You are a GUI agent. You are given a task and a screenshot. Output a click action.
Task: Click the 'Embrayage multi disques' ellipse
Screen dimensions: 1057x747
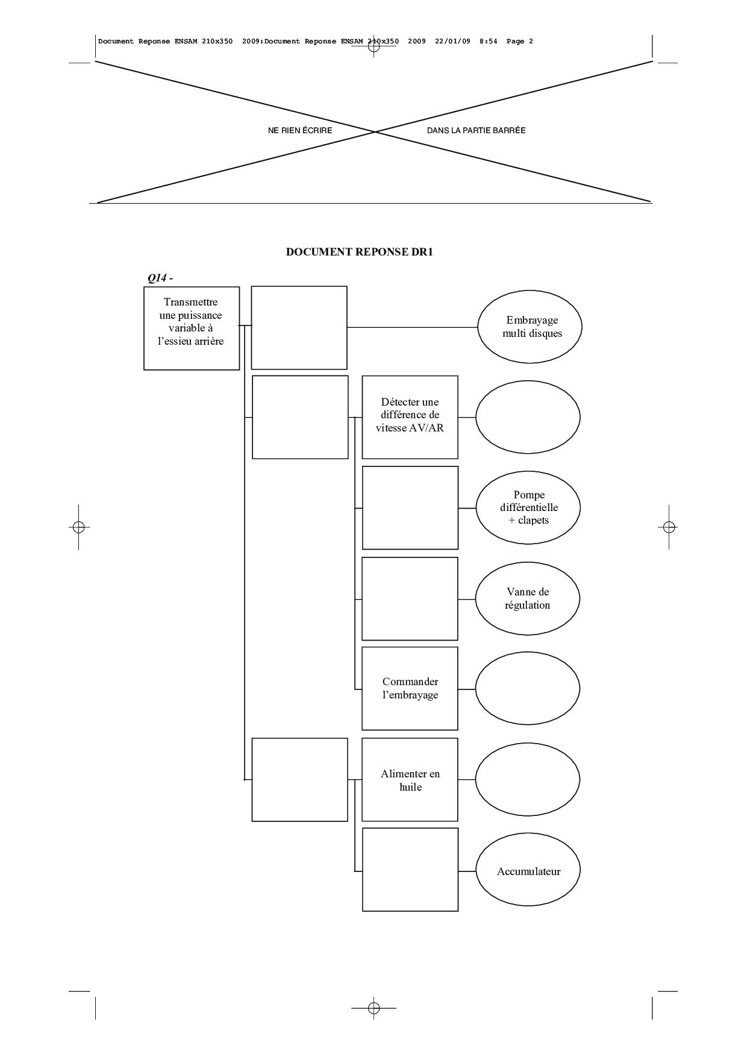tap(530, 327)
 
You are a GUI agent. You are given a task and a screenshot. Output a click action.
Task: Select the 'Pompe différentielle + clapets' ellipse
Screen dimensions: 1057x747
tap(528, 507)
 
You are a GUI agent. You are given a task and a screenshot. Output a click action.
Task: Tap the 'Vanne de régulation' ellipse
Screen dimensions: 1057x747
tap(527, 598)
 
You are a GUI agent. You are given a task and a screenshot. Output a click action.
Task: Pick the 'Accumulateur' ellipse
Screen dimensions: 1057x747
tap(528, 871)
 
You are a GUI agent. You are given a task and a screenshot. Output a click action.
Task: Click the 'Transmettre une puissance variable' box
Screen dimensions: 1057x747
tap(192, 328)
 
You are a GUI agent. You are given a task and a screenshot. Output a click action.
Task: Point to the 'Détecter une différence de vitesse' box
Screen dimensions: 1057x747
tap(410, 417)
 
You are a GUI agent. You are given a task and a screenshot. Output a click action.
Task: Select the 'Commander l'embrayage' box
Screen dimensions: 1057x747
tap(410, 688)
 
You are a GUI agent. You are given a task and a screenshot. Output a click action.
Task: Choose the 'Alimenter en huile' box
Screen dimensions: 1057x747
tap(410, 780)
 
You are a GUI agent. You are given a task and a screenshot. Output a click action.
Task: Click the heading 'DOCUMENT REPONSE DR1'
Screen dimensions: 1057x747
tap(359, 252)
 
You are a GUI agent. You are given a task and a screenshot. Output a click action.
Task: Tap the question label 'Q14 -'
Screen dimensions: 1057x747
tap(160, 278)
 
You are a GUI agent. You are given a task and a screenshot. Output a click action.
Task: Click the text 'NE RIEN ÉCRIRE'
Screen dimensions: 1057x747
tap(300, 130)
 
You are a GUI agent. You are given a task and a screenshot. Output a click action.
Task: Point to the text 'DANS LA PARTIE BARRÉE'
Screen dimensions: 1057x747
tap(476, 130)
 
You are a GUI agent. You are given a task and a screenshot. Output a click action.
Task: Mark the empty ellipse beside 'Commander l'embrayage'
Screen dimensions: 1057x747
tap(528, 688)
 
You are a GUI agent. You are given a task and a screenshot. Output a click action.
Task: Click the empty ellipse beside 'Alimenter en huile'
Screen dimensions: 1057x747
tap(528, 780)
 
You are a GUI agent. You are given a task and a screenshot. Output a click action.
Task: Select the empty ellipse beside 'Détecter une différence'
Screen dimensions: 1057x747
tap(528, 417)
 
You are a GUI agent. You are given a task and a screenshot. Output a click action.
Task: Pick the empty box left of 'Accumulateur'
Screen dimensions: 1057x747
tap(410, 870)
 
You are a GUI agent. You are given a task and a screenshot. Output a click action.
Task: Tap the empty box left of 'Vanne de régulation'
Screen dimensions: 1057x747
tap(410, 598)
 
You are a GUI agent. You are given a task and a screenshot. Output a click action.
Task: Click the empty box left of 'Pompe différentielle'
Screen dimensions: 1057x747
tap(410, 507)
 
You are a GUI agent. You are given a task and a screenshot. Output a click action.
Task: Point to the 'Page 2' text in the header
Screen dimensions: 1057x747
tap(520, 42)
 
